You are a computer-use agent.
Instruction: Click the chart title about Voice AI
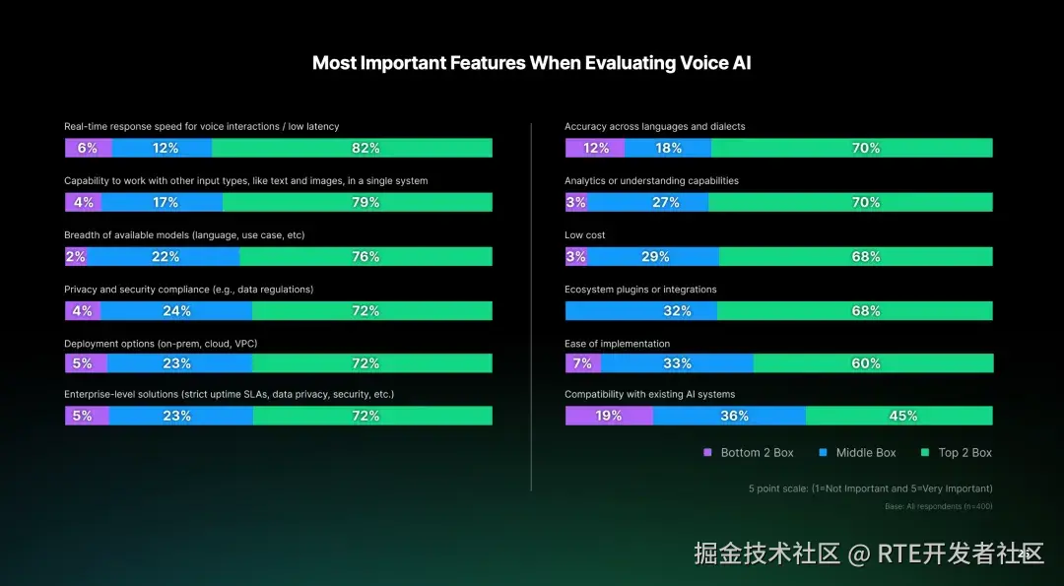531,63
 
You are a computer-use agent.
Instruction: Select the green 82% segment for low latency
352,148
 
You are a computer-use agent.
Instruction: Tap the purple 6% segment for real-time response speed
88,148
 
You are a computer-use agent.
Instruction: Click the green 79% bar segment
357,202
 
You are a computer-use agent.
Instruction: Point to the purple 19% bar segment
609,416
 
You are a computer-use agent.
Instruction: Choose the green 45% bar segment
899,416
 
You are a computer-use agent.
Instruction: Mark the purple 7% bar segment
582,363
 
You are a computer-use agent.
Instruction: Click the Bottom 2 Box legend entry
748,453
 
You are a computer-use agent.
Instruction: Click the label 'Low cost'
585,235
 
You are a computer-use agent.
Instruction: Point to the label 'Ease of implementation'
617,344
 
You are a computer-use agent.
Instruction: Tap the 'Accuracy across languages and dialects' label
654,127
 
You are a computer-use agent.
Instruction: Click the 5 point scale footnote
870,488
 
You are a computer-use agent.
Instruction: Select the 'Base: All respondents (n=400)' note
938,507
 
